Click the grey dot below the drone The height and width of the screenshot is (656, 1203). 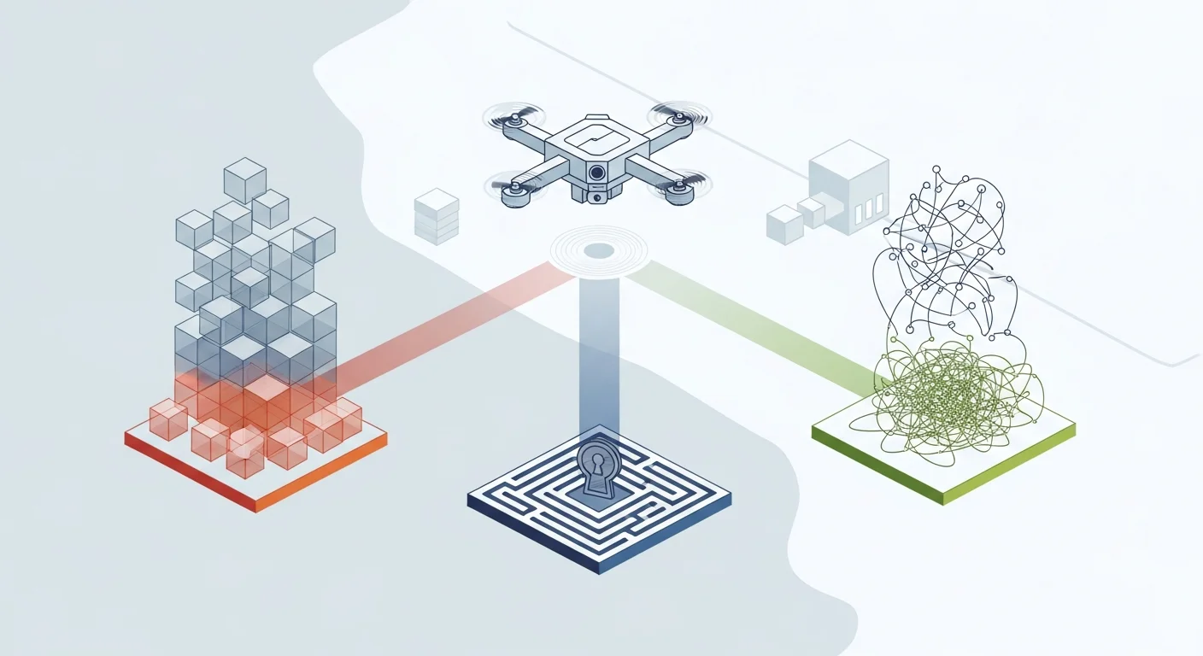point(599,250)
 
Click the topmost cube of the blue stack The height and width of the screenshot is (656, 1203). point(244,179)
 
